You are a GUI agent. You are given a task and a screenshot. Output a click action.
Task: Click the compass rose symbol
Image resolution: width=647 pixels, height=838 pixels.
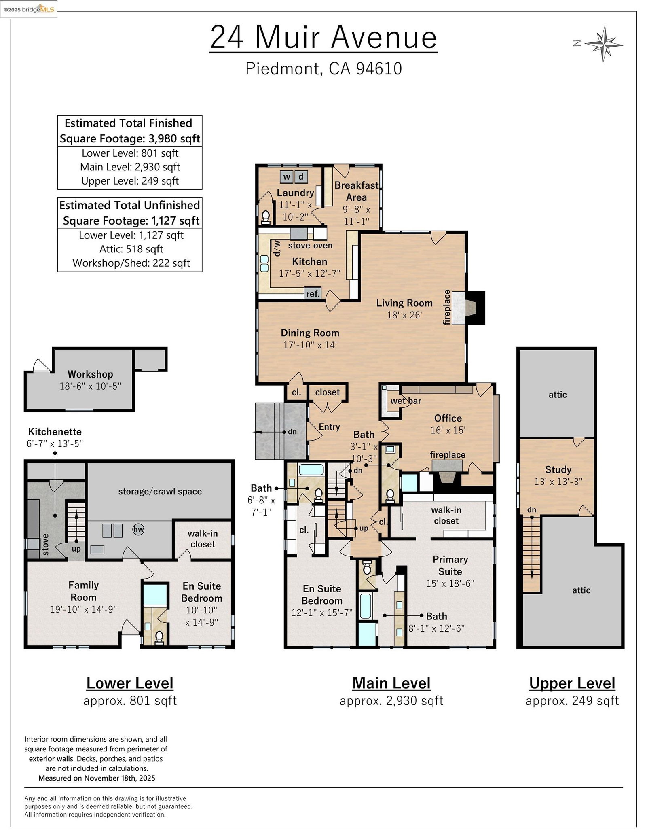click(x=603, y=44)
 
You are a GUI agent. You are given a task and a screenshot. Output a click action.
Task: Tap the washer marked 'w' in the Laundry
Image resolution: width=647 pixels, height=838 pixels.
click(x=286, y=177)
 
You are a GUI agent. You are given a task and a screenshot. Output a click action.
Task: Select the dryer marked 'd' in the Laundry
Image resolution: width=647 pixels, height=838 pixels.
click(x=301, y=177)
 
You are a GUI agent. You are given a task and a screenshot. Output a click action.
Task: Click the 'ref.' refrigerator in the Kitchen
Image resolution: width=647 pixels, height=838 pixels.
click(x=313, y=293)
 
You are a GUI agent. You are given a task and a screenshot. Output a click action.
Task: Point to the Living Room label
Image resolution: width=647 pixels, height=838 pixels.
click(x=404, y=303)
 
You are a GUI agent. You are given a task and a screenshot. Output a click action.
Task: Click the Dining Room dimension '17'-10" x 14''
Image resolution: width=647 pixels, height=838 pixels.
click(x=310, y=345)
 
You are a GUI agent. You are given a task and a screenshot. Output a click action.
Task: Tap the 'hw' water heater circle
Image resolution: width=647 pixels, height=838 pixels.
click(x=139, y=529)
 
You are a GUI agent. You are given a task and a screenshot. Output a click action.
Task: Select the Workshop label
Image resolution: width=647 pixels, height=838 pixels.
click(x=90, y=374)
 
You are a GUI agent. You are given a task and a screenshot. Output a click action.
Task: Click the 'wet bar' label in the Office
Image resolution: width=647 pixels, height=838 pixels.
click(x=406, y=401)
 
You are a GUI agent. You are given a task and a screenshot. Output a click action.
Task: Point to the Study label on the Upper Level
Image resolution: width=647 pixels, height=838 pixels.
click(x=558, y=469)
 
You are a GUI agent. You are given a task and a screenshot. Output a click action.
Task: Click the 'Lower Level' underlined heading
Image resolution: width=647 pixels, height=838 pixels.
click(x=130, y=683)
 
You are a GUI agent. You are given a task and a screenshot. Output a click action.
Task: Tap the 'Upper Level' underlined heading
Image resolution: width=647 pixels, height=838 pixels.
click(x=572, y=683)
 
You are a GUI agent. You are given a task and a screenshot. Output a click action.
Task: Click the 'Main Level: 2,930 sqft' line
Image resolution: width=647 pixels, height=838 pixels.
click(x=130, y=167)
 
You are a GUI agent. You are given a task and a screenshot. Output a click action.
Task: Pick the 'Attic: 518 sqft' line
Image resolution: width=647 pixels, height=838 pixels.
click(x=131, y=249)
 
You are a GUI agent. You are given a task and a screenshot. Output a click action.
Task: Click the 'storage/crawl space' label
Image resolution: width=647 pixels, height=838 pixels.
click(x=160, y=492)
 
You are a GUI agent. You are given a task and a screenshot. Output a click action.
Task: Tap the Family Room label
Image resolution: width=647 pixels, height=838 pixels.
click(x=83, y=591)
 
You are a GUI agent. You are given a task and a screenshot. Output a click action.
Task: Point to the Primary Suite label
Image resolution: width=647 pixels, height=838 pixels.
click(x=450, y=565)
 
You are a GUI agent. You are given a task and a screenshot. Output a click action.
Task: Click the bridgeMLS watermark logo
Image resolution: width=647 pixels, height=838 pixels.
click(x=29, y=9)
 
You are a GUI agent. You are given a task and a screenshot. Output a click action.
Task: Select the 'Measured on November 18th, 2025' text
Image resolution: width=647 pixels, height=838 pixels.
click(x=97, y=778)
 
